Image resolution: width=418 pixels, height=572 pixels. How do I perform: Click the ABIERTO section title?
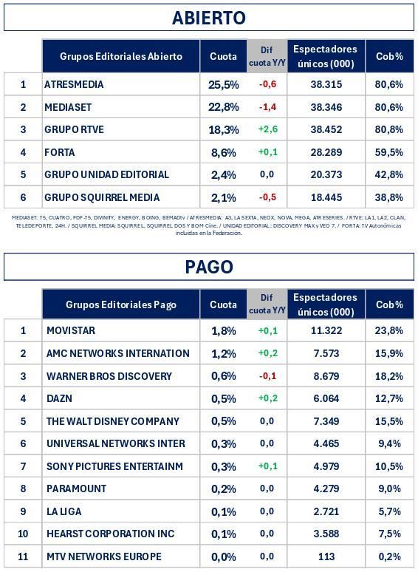(x=209, y=18)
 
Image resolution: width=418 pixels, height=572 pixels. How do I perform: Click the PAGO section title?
(x=209, y=267)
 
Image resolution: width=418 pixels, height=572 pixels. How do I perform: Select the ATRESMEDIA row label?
(x=74, y=84)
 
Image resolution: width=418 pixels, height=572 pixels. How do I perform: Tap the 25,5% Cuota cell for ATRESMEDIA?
(x=224, y=84)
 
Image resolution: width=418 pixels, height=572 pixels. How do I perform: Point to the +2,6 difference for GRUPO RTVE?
(x=267, y=129)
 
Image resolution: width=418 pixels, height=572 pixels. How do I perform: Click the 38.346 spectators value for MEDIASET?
(x=326, y=107)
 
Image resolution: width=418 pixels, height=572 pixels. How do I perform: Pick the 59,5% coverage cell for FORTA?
(x=388, y=152)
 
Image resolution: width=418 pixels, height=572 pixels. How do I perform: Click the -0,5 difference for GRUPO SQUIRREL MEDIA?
(x=267, y=197)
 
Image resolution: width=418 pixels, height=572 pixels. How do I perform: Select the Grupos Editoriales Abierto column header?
(x=121, y=57)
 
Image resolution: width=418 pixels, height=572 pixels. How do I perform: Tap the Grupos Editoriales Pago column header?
(x=121, y=304)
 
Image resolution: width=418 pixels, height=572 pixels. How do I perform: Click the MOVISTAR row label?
(x=70, y=330)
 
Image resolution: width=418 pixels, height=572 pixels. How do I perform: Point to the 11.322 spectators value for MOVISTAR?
(x=326, y=330)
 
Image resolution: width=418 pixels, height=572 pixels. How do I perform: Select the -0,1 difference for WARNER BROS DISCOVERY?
(x=267, y=376)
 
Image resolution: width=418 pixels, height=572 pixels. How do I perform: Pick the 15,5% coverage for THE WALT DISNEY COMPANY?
(x=388, y=421)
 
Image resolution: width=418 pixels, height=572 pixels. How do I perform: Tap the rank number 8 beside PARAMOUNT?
(x=23, y=488)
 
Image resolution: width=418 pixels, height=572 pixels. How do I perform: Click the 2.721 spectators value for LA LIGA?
(x=326, y=511)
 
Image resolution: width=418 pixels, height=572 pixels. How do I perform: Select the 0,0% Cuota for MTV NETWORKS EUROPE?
(x=224, y=556)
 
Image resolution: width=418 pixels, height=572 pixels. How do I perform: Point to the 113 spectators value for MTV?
(x=326, y=556)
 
